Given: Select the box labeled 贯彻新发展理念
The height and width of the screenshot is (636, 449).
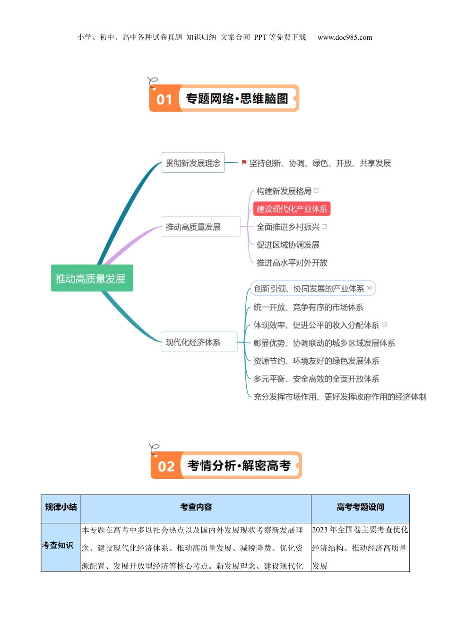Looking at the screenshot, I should [x=193, y=163].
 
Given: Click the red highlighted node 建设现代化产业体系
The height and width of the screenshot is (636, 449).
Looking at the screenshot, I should [x=292, y=209].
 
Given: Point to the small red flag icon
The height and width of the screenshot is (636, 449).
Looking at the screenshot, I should [x=244, y=162].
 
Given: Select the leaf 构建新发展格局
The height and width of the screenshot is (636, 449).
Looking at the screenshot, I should [x=284, y=191].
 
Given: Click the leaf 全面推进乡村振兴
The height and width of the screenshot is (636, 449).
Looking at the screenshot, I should [x=288, y=227].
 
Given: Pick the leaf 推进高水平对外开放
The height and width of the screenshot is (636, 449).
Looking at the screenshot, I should [x=292, y=263].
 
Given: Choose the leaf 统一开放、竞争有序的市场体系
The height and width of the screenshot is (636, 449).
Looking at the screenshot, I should [x=308, y=307].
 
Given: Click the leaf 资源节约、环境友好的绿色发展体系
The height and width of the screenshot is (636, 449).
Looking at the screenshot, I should [x=316, y=361].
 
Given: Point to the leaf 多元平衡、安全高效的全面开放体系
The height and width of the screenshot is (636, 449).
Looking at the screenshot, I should [x=316, y=379].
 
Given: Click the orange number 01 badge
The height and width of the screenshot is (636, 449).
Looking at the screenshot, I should [x=164, y=99].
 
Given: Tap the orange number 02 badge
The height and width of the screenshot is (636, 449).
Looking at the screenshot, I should [x=166, y=467].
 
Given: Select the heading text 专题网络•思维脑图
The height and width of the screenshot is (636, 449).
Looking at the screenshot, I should [x=237, y=99].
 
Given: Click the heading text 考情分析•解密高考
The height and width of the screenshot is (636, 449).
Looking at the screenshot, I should [x=239, y=466].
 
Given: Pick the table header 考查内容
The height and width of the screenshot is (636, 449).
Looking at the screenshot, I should [x=196, y=507].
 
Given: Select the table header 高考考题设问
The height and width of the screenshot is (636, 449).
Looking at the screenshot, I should [x=360, y=507].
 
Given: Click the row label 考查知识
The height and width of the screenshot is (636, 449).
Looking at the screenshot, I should [x=58, y=545].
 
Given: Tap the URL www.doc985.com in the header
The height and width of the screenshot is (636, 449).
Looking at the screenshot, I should [x=345, y=37].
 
